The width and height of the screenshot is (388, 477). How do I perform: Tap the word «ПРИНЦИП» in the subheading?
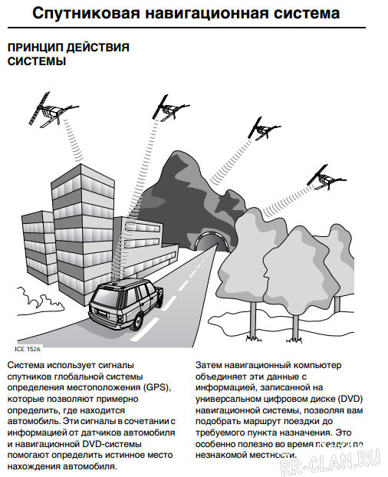coord(35,48)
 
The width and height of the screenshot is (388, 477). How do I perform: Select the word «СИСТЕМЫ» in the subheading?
coord(37,61)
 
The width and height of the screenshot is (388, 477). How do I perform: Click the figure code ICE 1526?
coord(28,349)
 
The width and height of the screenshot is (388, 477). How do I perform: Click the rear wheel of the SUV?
coord(137,321)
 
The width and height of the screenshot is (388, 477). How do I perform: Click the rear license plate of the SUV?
coord(103,313)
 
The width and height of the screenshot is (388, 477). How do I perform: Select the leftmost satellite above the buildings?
coord(52,110)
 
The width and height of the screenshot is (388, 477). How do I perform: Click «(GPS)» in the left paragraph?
coord(156,387)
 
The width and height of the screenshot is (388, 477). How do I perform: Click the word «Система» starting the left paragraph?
coord(26,365)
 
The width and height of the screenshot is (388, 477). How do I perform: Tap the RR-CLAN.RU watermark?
coord(330,462)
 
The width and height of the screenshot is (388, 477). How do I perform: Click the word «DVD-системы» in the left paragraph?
coord(112,444)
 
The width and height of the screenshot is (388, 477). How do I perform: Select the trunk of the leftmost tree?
coord(254,320)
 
